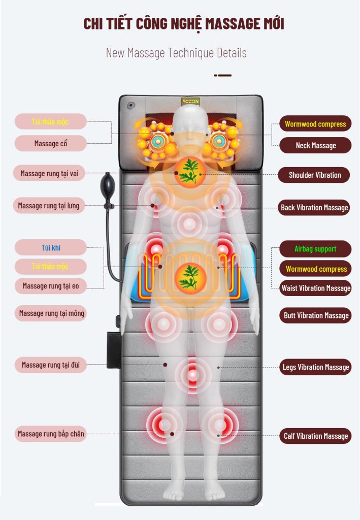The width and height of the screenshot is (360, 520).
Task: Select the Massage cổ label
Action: coord(51,144)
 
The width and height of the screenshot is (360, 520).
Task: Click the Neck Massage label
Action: coord(315,146)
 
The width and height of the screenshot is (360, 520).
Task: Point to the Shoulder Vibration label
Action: coord(315,175)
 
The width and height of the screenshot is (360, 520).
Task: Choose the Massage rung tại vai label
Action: coord(49,174)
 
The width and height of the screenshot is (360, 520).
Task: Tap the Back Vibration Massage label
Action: coord(314,207)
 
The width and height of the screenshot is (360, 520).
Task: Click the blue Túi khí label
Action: coord(51,248)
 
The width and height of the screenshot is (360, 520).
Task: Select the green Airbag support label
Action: coord(315,249)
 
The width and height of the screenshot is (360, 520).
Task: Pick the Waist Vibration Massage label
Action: coord(315,288)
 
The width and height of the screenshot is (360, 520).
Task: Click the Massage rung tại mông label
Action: coord(51,313)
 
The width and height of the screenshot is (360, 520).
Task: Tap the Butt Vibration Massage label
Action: coord(316,315)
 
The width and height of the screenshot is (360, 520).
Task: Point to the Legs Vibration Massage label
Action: coord(316,367)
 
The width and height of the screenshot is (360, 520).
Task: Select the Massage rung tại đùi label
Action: coord(51,365)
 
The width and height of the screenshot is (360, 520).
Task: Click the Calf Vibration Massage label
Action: coord(316,436)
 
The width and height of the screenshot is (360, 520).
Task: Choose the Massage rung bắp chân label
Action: coord(51,434)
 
